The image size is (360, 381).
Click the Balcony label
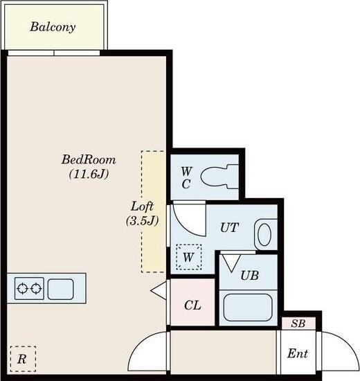click(53, 27)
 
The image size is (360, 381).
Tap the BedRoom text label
click(89, 159)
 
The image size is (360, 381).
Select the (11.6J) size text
click(89, 174)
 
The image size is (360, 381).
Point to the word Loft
click(142, 206)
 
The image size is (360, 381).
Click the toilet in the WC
click(219, 177)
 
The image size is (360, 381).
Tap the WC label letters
click(186, 177)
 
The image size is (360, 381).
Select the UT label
click(229, 228)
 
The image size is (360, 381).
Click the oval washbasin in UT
click(264, 235)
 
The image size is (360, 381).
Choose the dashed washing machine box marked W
click(189, 257)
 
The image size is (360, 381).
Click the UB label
click(249, 276)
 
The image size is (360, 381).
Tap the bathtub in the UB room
click(248, 308)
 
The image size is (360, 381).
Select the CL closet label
click(192, 305)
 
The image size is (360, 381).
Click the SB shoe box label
click(298, 324)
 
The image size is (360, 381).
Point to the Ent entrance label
click(298, 353)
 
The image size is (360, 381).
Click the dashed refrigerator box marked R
click(23, 359)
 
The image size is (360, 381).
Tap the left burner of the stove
click(22, 288)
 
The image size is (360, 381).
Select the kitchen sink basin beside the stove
click(60, 289)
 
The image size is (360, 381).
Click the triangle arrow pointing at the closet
click(159, 290)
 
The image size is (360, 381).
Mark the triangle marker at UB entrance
click(232, 263)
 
